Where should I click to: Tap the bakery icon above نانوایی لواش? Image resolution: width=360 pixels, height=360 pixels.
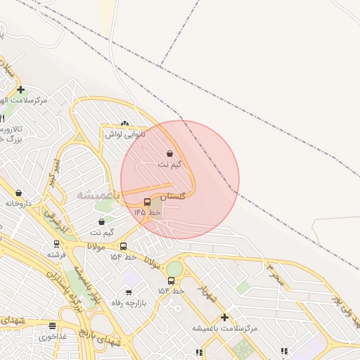click(125, 124)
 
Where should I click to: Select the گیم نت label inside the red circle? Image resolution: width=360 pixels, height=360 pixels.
click(169, 165)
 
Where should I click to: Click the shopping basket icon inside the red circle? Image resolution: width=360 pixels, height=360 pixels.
click(170, 154)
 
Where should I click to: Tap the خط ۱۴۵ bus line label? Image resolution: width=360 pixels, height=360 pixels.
click(148, 212)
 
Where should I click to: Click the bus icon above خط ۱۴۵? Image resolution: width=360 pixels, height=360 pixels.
click(147, 202)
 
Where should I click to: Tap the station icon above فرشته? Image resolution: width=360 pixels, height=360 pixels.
click(57, 245)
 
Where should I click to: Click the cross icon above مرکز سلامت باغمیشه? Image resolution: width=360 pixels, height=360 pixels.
click(224, 318)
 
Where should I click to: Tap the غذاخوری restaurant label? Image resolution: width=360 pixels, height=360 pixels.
click(53, 336)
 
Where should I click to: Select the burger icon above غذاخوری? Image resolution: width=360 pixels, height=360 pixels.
click(53, 326)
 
